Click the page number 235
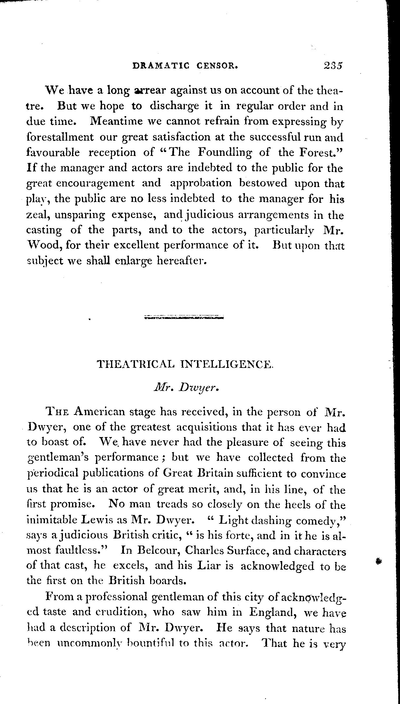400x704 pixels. [x=332, y=65]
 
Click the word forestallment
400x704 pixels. [x=60, y=137]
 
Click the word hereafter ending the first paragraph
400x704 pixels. [x=182, y=261]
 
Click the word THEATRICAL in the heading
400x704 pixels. [x=136, y=364]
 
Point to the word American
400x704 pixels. [x=99, y=412]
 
